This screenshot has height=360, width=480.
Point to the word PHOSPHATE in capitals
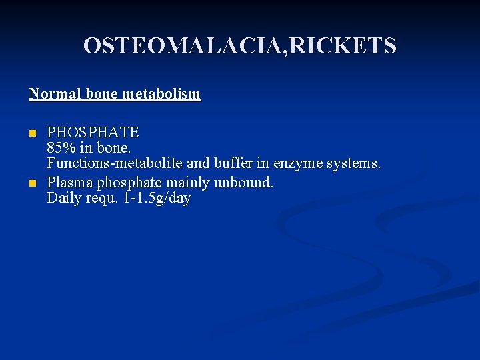pos(93,132)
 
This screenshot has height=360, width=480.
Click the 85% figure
pos(61,147)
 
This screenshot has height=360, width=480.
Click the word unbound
pos(245,182)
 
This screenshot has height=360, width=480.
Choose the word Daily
pos(63,198)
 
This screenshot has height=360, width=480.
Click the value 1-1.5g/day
pos(157,198)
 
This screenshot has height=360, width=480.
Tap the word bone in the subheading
pos(99,94)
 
